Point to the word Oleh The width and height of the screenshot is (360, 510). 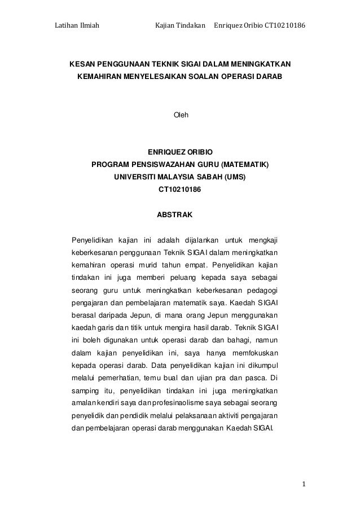click(180, 116)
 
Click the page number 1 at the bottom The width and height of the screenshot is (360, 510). click(303, 483)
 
